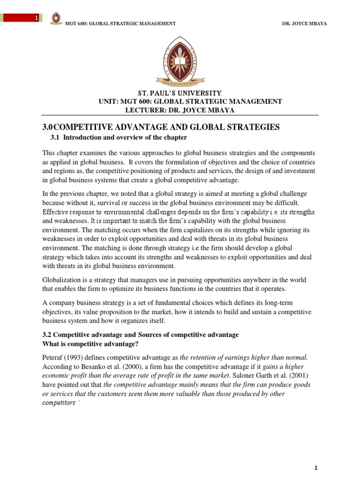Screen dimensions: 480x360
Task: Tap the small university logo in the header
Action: click(x=56, y=19)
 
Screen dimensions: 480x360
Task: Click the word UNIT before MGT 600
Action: click(x=107, y=102)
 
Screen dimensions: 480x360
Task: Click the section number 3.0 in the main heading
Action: click(x=49, y=127)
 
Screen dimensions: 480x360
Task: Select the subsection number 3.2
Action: click(x=48, y=335)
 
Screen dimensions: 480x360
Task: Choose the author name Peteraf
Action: click(x=53, y=357)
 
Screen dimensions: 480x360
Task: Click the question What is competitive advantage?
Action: click(x=89, y=344)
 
